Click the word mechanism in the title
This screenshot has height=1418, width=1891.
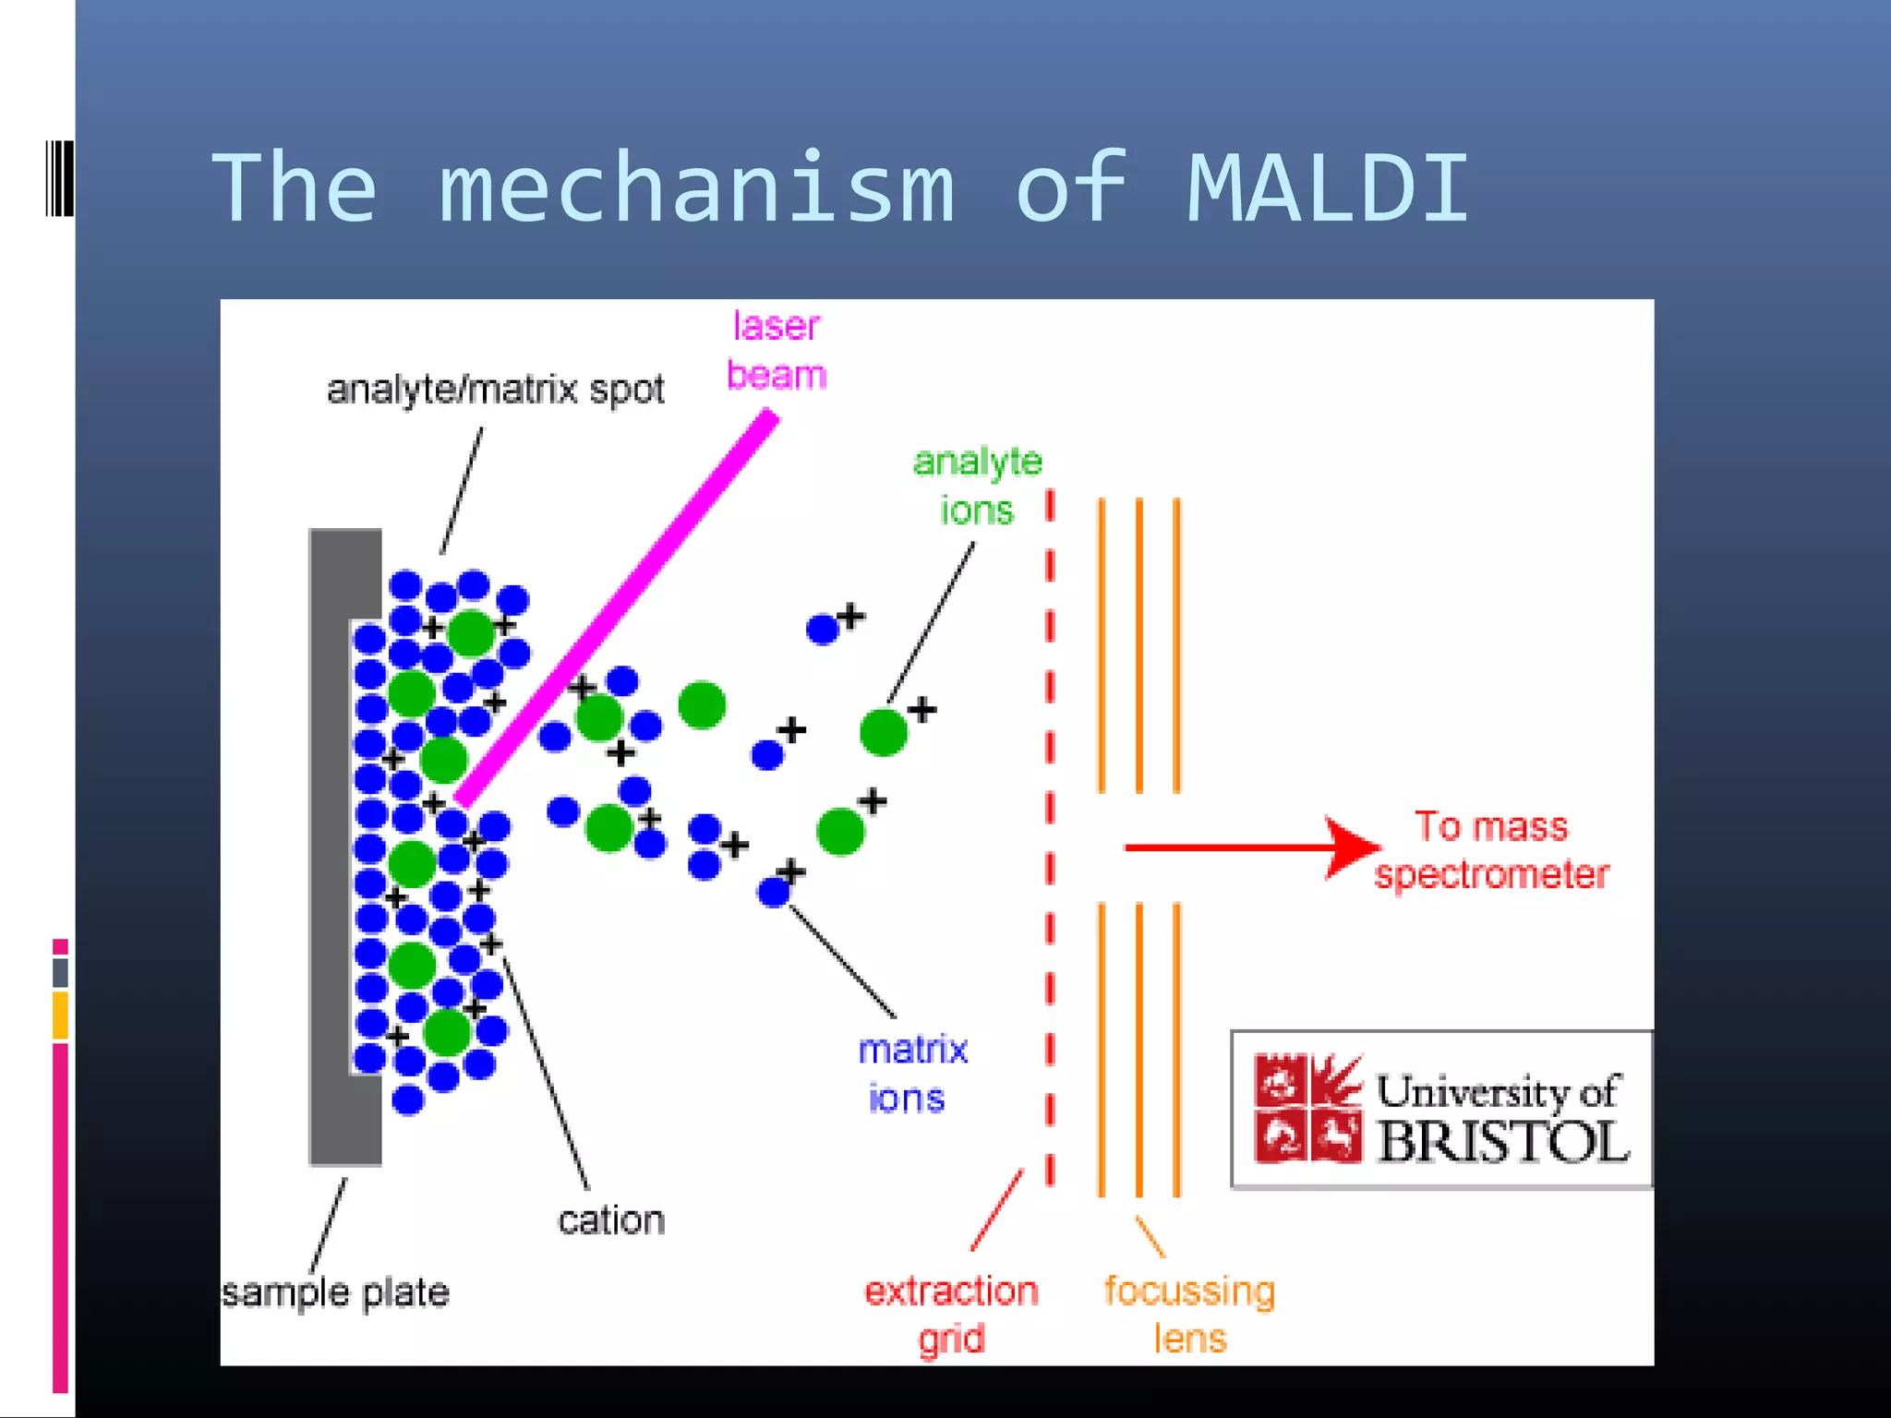(697, 188)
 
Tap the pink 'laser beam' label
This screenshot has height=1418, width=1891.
(777, 351)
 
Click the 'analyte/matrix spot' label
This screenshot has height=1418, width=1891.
(495, 390)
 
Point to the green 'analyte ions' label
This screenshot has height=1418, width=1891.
(977, 486)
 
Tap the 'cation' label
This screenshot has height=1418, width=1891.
(611, 1220)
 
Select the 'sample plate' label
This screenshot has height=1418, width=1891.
(335, 1292)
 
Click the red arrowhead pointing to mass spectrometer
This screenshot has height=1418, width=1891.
(1352, 847)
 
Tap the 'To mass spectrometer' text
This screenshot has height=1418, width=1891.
(1491, 850)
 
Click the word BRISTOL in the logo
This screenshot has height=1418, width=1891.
(1502, 1142)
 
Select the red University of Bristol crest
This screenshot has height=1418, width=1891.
(1307, 1108)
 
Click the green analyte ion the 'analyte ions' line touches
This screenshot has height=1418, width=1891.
(884, 732)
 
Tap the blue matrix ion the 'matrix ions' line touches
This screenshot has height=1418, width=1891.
(774, 892)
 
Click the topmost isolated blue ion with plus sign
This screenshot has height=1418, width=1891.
(822, 630)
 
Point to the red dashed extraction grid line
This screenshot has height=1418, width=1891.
(1050, 831)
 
